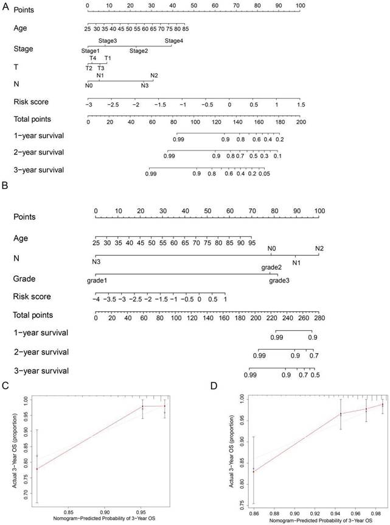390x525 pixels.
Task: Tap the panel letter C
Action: click(5, 385)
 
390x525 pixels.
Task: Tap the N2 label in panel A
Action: click(154, 76)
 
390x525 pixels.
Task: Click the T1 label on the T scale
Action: click(108, 58)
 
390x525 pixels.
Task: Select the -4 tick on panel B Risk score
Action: click(96, 300)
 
